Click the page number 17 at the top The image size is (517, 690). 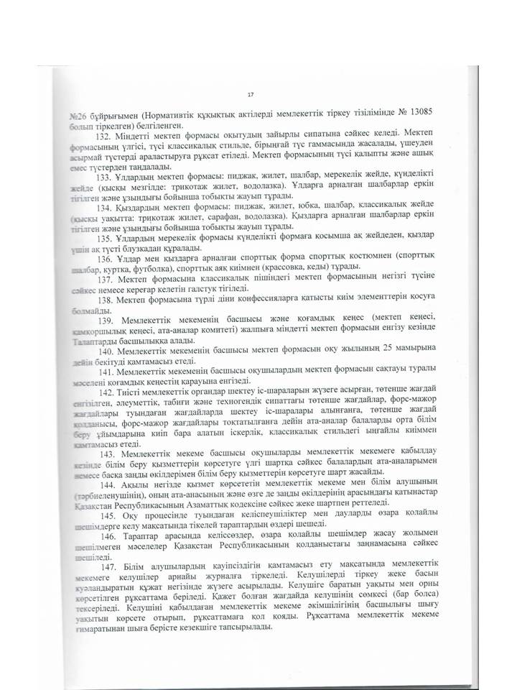pyautogui.click(x=250, y=95)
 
